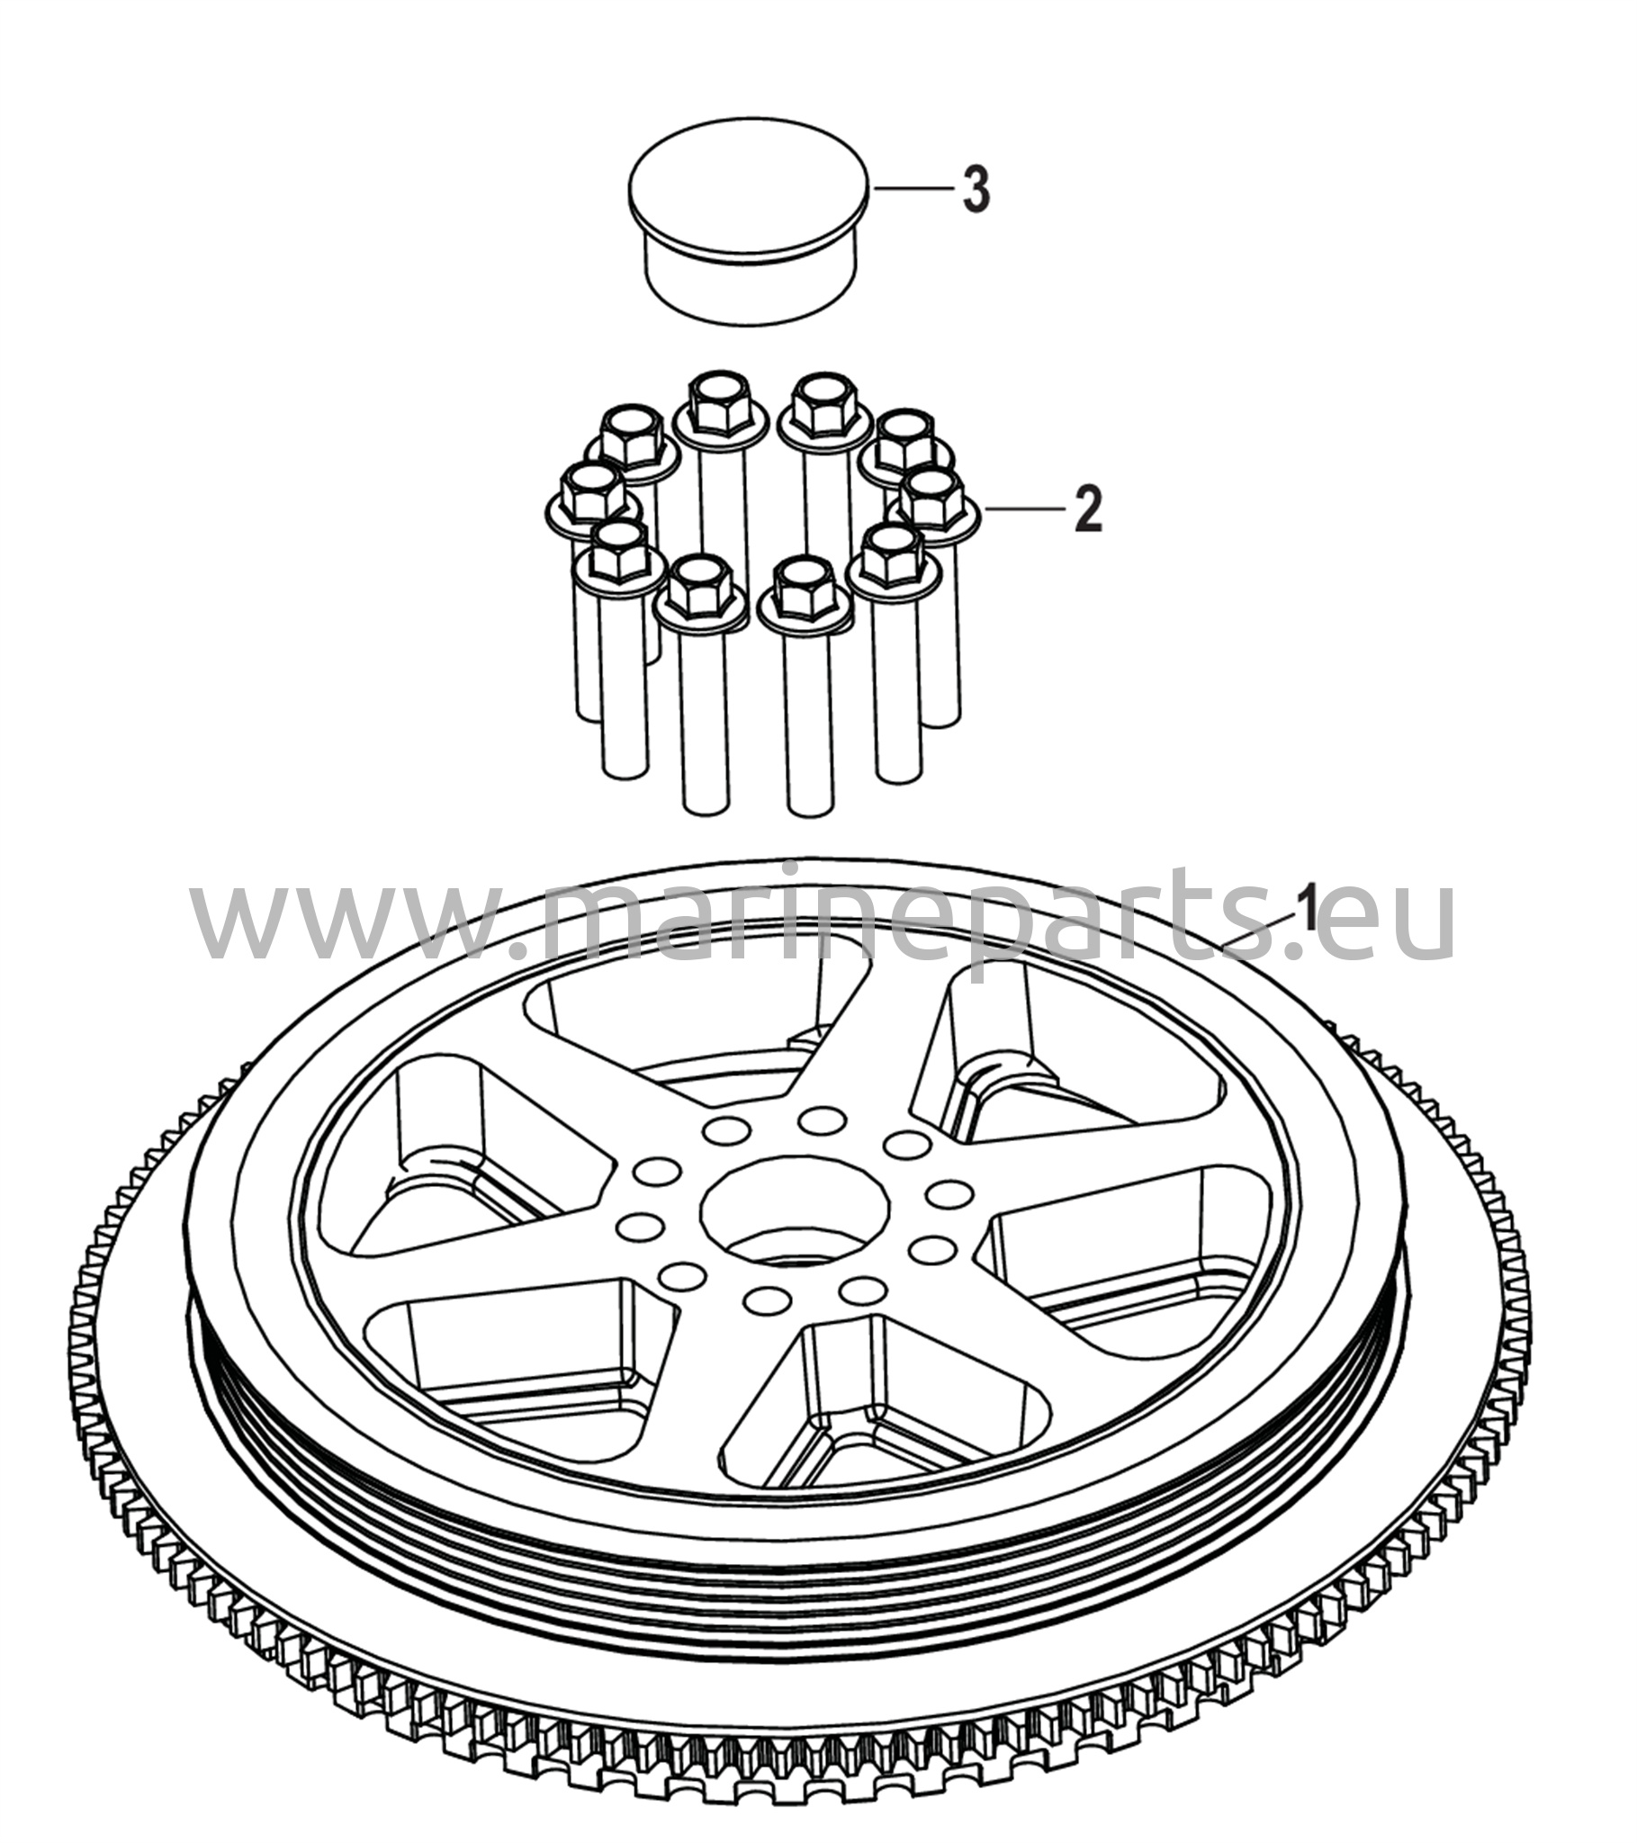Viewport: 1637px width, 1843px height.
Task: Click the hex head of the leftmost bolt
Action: tap(591, 490)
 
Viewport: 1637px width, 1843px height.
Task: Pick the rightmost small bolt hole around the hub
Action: tap(947, 1194)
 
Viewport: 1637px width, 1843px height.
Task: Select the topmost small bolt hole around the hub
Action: tap(819, 1120)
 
